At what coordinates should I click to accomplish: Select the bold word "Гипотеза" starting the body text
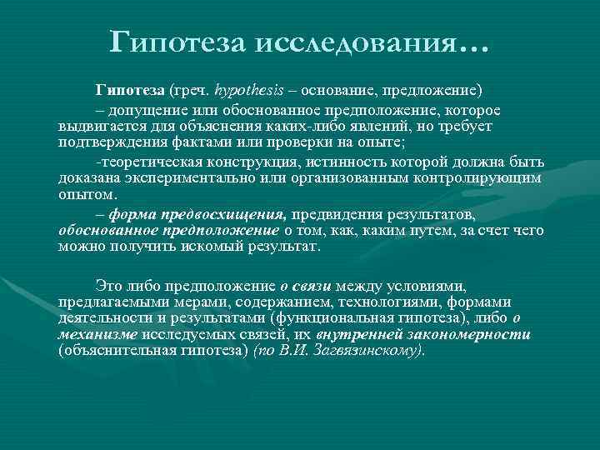[x=129, y=88]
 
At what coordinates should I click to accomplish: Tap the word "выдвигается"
[x=98, y=126]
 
